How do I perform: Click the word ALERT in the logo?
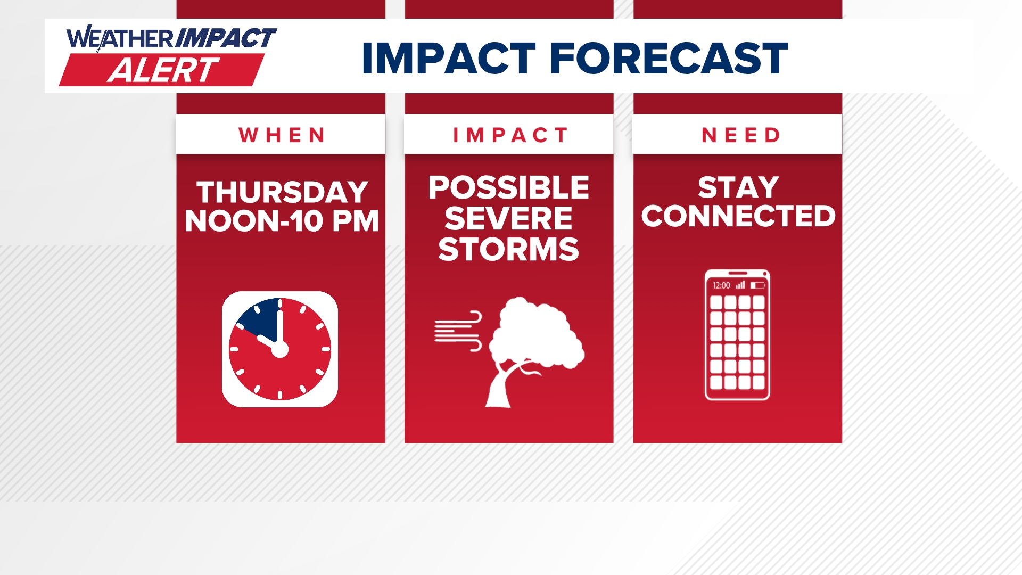[163, 70]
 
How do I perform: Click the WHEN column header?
[282, 135]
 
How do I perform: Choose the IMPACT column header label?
[510, 135]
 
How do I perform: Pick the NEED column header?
[741, 135]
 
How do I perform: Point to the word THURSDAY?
[282, 192]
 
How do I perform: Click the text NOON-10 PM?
[282, 221]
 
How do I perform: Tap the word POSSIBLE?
[509, 187]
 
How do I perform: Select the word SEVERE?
[508, 218]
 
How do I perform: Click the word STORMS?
[508, 249]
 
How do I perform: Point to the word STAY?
[738, 187]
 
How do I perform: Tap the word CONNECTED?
[738, 216]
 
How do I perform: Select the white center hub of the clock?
[280, 350]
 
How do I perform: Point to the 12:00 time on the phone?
[721, 285]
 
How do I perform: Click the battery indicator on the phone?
[757, 285]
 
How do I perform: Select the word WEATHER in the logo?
[120, 39]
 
